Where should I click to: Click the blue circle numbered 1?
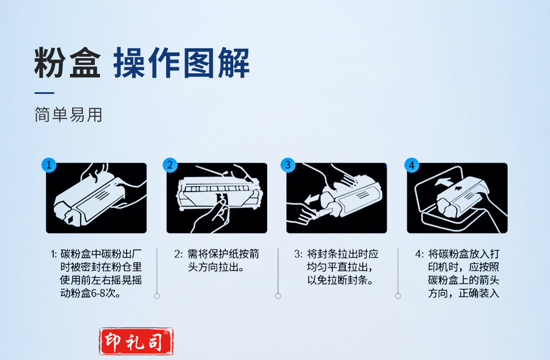point(49,164)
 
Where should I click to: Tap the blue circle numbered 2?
point(170,165)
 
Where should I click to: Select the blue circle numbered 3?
point(288,165)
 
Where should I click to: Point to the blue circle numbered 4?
point(412,165)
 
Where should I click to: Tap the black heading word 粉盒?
point(67,63)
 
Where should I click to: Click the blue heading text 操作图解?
point(181,63)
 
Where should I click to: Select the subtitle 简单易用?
point(68,115)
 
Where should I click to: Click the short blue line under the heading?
point(44,93)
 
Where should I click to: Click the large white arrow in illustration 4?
point(443,182)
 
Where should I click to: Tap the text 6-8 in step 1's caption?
point(98,293)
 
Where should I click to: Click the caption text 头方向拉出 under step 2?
point(216,267)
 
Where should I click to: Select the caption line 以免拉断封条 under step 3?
point(340,280)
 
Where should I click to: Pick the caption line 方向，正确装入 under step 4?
point(463,293)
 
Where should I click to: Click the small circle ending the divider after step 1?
point(157,296)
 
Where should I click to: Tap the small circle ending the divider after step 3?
point(398,296)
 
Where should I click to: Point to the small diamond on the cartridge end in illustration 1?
point(69,219)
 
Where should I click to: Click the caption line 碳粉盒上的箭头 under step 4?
point(463,280)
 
